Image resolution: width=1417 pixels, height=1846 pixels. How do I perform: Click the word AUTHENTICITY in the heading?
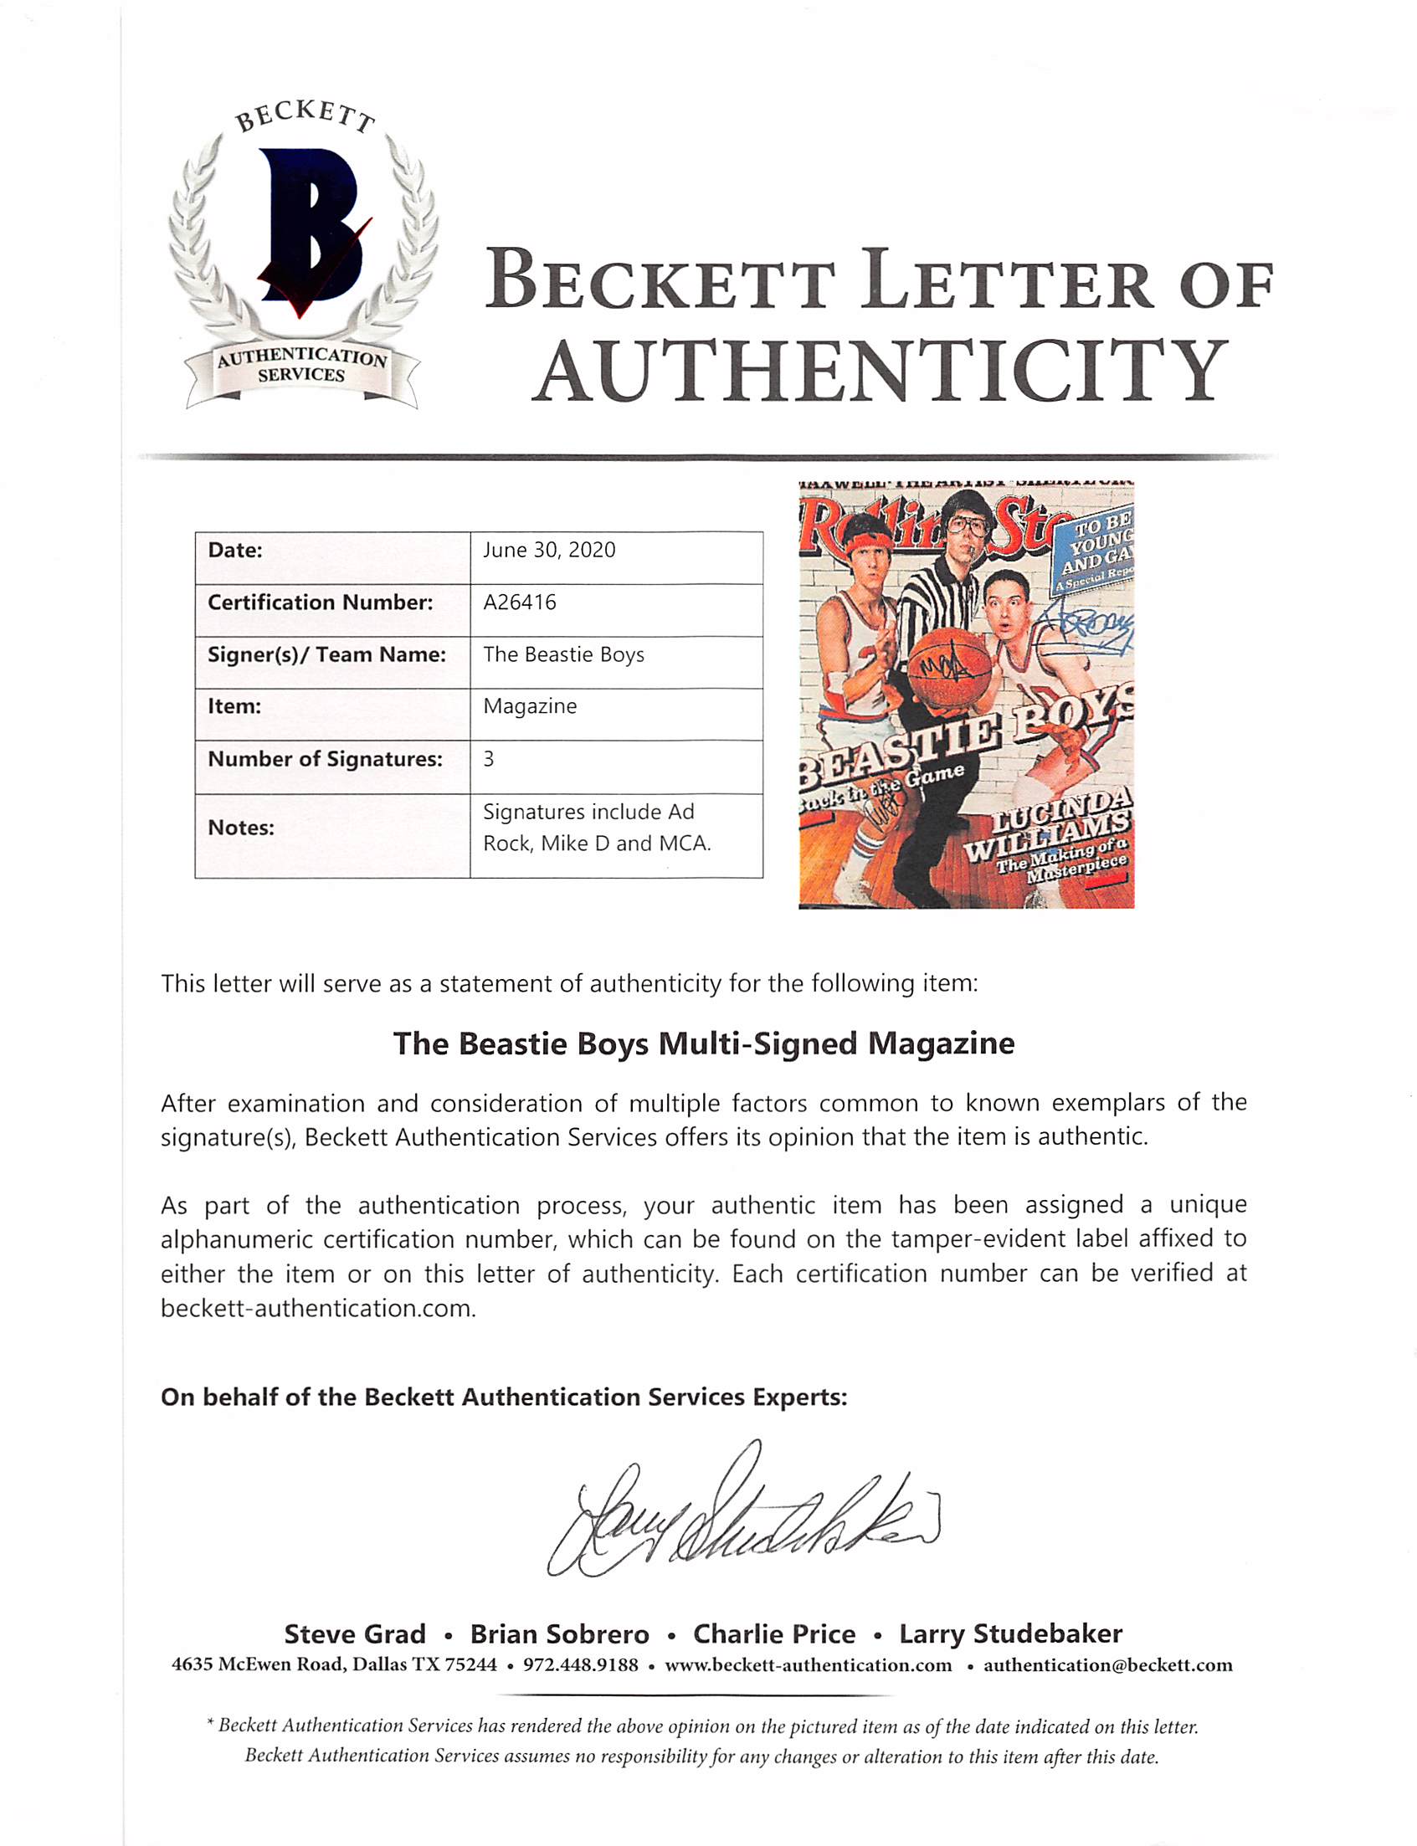click(x=880, y=370)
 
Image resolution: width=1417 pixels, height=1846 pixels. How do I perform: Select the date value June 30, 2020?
click(x=549, y=551)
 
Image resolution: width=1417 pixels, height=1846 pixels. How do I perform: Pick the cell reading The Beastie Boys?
click(x=563, y=655)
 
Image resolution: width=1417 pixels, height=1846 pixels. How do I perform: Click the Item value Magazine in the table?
click(x=530, y=707)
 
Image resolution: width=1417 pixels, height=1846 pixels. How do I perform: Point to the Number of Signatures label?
click(x=325, y=760)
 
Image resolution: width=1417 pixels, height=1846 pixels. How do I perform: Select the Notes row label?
click(x=241, y=828)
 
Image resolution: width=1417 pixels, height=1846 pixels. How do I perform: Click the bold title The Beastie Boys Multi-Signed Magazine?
click(x=703, y=1044)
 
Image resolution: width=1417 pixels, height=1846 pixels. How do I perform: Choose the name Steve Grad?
click(x=354, y=1634)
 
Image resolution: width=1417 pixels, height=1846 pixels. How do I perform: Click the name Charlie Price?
click(x=773, y=1634)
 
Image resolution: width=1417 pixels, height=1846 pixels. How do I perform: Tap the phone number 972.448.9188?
click(x=580, y=1665)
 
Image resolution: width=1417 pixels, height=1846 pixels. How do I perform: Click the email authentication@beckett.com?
click(x=1107, y=1665)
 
